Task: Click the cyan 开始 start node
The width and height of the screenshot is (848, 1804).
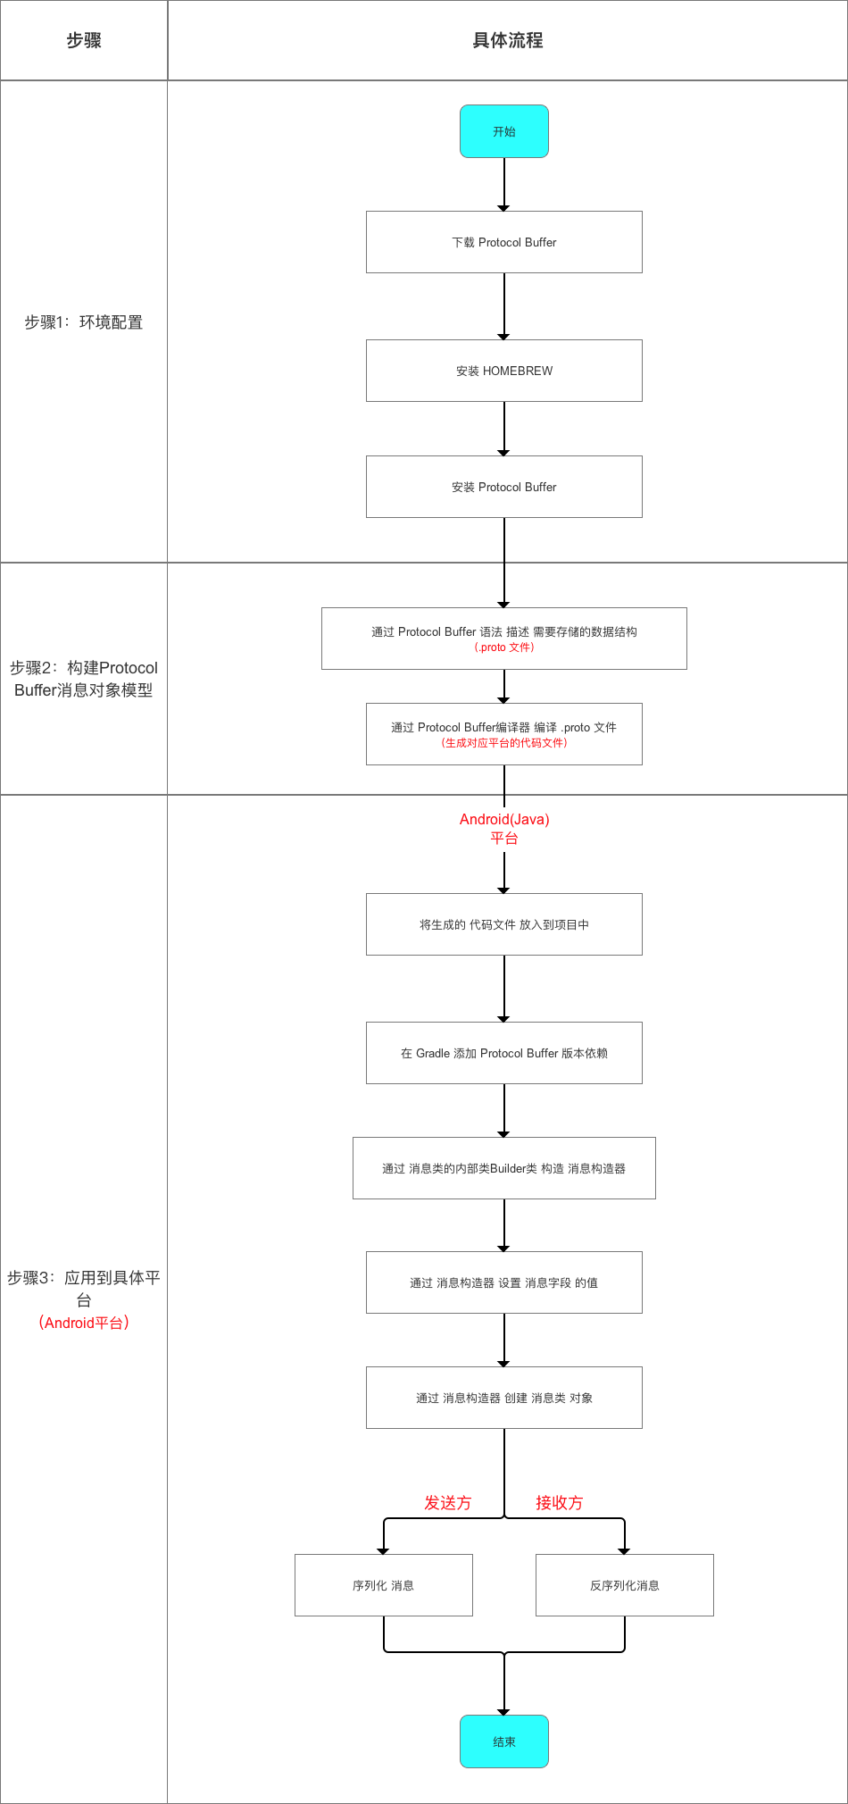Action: pyautogui.click(x=503, y=131)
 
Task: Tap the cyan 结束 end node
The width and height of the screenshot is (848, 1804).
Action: pyautogui.click(x=503, y=1741)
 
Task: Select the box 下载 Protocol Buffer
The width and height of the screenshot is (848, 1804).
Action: pyautogui.click(x=503, y=242)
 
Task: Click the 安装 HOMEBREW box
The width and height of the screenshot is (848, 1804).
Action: pyautogui.click(x=503, y=371)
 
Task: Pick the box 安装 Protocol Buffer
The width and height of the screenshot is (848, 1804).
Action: pyautogui.click(x=503, y=487)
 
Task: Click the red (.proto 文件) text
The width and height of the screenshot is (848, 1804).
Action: pyautogui.click(x=503, y=647)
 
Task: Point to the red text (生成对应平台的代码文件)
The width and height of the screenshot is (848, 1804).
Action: pyautogui.click(x=503, y=743)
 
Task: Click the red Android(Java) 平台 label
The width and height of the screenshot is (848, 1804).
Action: pyautogui.click(x=503, y=828)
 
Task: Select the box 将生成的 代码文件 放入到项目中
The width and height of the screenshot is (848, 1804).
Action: pyautogui.click(x=503, y=924)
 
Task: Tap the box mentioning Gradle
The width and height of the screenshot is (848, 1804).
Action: pyautogui.click(x=503, y=1053)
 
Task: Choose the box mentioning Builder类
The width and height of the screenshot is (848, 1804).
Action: pyautogui.click(x=503, y=1168)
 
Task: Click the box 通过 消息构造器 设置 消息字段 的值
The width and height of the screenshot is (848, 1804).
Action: pyautogui.click(x=503, y=1282)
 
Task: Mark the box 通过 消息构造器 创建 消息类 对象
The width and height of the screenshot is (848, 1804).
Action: pyautogui.click(x=503, y=1398)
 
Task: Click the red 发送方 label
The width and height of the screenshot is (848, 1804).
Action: pyautogui.click(x=447, y=1503)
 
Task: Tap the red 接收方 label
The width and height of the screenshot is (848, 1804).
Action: pyautogui.click(x=559, y=1503)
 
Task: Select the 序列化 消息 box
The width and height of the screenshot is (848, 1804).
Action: pyautogui.click(x=383, y=1585)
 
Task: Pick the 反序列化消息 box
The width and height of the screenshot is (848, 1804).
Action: pyautogui.click(x=624, y=1585)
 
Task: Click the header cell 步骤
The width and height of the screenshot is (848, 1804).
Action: pyautogui.click(x=84, y=40)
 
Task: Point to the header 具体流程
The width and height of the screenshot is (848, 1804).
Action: pyautogui.click(x=507, y=40)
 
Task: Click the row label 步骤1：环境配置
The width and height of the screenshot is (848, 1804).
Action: pyautogui.click(x=84, y=322)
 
